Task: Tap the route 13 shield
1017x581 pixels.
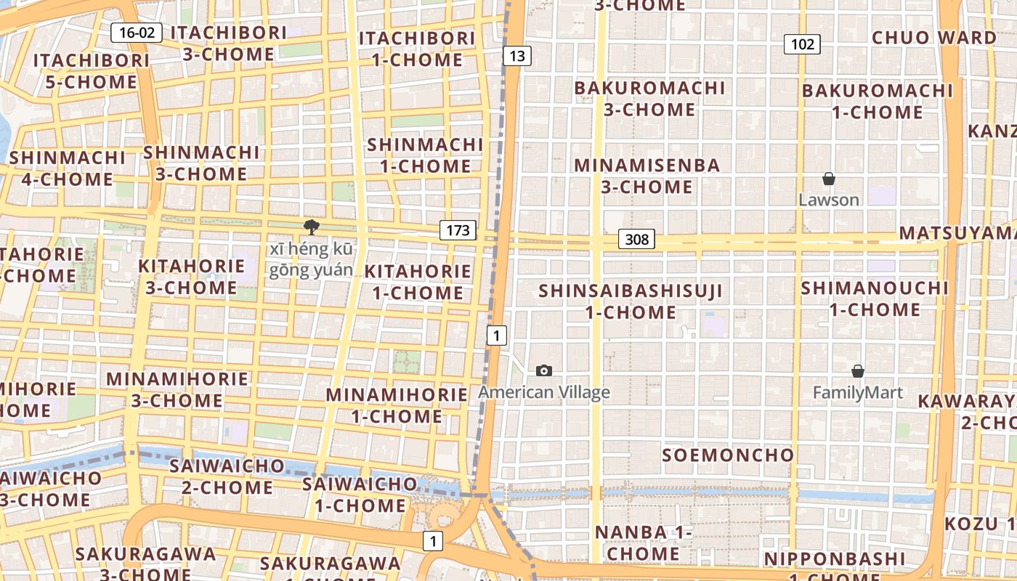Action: [x=516, y=56]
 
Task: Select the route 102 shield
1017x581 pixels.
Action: [x=802, y=44]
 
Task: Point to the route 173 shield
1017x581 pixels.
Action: [x=458, y=230]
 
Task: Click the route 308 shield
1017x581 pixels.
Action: [x=636, y=239]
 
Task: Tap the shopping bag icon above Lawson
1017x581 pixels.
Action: [x=828, y=179]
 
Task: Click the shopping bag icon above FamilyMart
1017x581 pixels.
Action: [x=857, y=371]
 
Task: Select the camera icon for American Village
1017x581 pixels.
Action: [x=543, y=371]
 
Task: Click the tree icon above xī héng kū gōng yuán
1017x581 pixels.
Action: [x=312, y=227]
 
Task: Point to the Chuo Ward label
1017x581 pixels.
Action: [x=934, y=38]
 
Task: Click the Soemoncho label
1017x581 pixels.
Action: [x=728, y=455]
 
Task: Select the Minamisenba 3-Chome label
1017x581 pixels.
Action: [x=647, y=176]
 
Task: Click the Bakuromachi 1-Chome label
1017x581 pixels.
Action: [x=877, y=102]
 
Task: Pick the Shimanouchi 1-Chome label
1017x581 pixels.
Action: [x=875, y=298]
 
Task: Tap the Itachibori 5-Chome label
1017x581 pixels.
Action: [x=92, y=71]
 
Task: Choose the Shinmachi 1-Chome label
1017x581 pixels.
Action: [x=425, y=155]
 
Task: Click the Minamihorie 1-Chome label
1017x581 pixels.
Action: [x=397, y=405]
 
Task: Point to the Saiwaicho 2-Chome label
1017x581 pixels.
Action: [x=227, y=476]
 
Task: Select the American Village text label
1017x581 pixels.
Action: [x=543, y=393]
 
